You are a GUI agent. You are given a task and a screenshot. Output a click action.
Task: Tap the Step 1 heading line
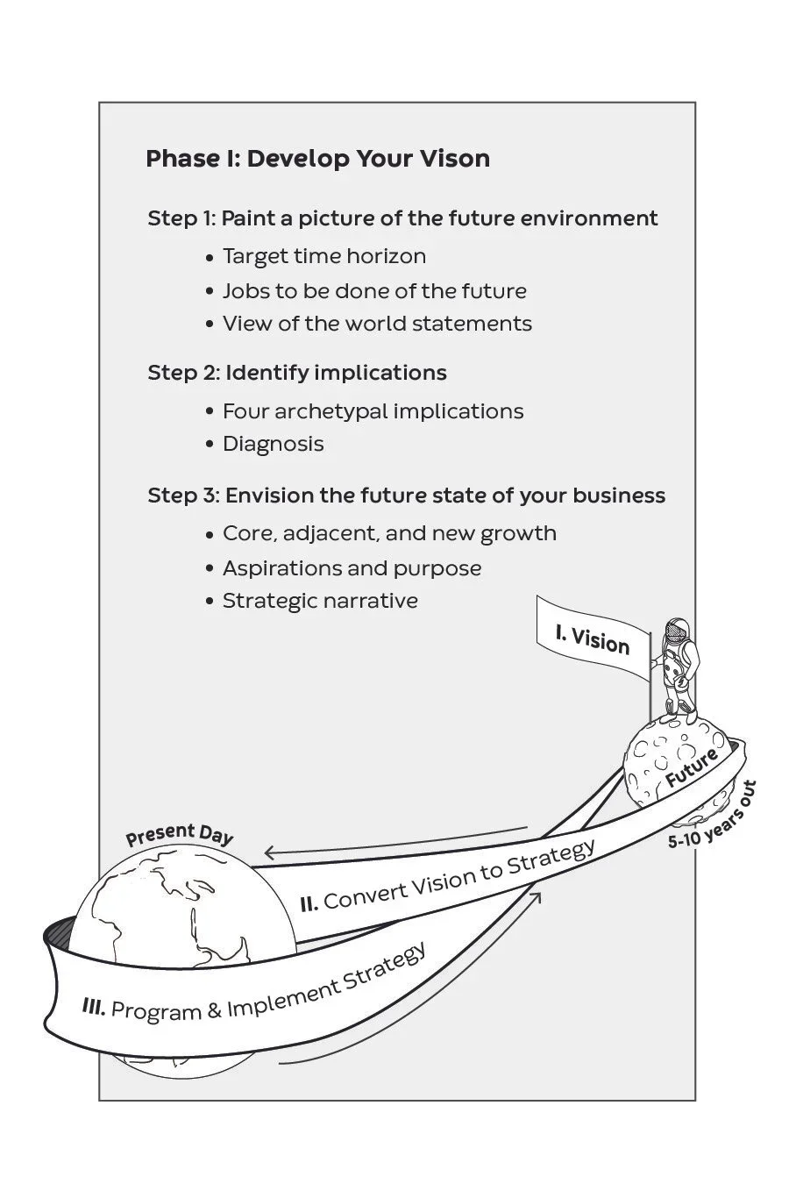point(402,218)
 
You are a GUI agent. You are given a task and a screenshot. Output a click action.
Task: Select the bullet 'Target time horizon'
point(323,256)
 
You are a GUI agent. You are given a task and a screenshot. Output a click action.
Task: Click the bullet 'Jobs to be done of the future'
point(374,290)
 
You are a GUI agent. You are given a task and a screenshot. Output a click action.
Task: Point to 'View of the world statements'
point(377,324)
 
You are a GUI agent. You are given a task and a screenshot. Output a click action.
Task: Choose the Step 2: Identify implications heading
point(297,373)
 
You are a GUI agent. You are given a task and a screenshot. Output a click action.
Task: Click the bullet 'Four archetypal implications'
point(373,411)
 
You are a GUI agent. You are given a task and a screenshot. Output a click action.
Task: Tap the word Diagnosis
point(273,444)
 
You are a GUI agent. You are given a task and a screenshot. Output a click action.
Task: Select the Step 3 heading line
point(406,496)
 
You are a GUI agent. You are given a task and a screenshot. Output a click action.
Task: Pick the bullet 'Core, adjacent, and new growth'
point(389,533)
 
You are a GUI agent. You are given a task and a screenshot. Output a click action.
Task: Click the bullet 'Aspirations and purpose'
point(352,568)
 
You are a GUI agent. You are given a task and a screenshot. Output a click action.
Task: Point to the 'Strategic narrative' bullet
point(320,601)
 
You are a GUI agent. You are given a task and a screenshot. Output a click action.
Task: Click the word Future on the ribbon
point(692,767)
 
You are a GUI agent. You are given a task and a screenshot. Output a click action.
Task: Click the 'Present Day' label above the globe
point(180,834)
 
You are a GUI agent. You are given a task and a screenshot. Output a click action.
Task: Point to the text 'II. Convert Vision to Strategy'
point(447,875)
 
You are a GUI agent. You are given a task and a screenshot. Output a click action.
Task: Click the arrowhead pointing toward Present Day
point(270,852)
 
